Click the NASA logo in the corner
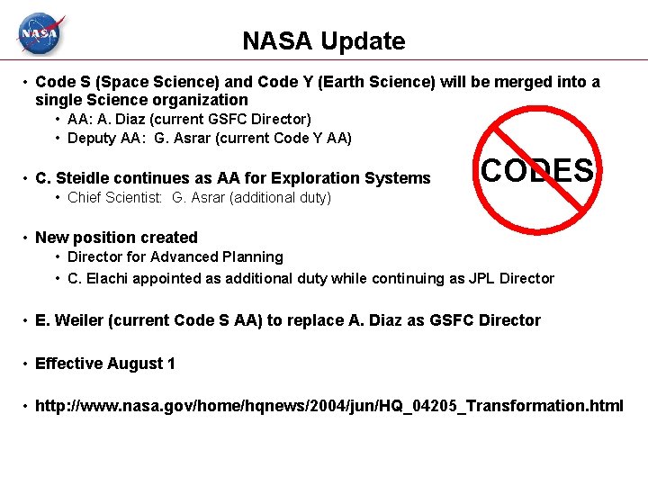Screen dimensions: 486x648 coord(40,35)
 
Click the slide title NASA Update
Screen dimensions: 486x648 coord(323,41)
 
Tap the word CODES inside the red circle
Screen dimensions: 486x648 coord(537,170)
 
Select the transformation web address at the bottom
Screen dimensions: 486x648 coord(328,406)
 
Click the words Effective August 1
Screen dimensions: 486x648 coord(104,364)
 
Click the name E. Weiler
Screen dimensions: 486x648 coord(66,320)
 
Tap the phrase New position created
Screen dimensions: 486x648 coord(116,238)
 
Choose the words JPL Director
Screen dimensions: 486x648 coord(511,278)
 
